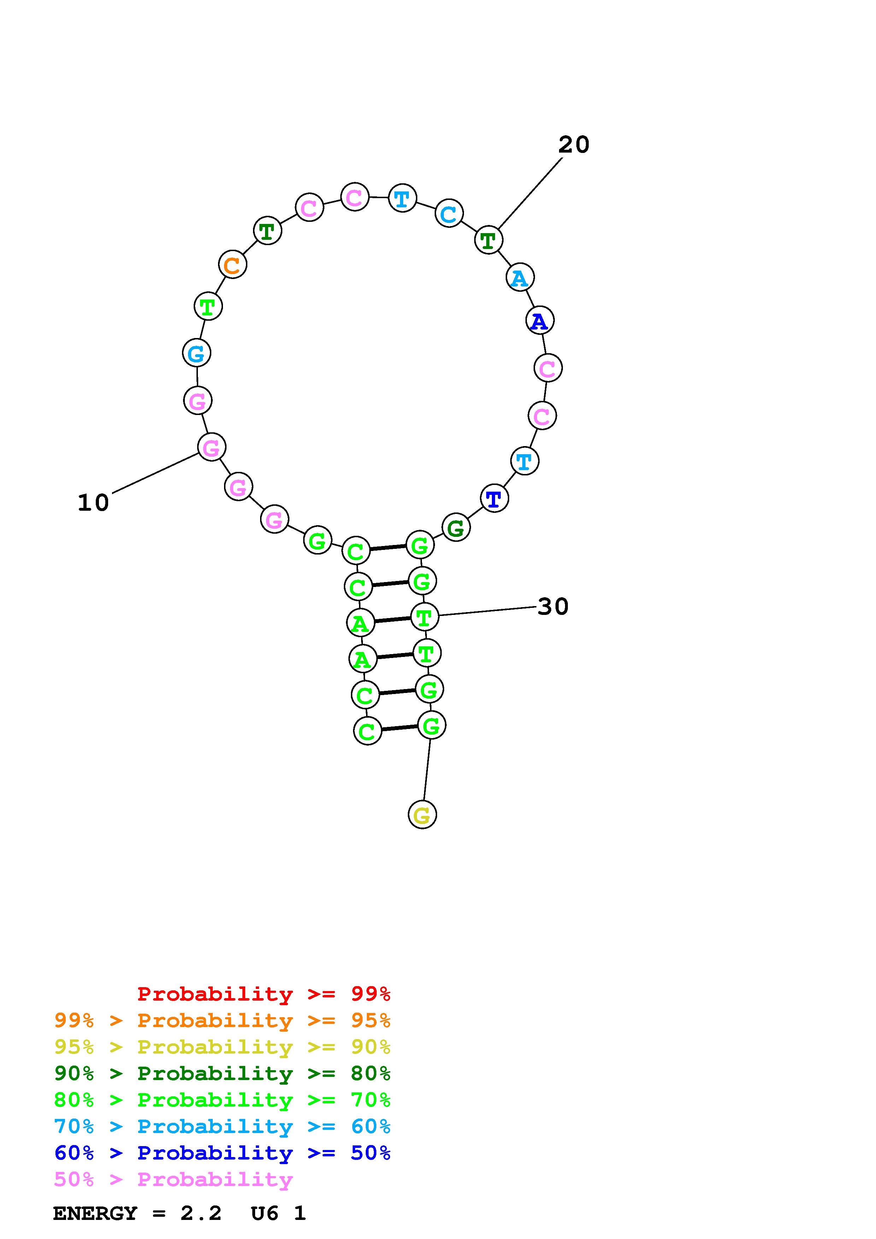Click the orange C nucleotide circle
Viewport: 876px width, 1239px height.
point(232,265)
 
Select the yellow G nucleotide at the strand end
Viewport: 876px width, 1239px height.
point(422,814)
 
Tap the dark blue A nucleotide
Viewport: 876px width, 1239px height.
point(540,321)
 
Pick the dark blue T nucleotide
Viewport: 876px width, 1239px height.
point(494,499)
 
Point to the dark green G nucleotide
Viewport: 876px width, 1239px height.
point(456,527)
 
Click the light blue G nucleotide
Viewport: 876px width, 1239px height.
point(196,353)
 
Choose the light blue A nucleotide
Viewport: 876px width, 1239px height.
point(520,277)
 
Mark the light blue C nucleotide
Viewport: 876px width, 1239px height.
point(449,213)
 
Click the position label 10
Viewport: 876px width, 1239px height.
point(93,503)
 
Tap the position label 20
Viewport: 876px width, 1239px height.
point(574,144)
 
